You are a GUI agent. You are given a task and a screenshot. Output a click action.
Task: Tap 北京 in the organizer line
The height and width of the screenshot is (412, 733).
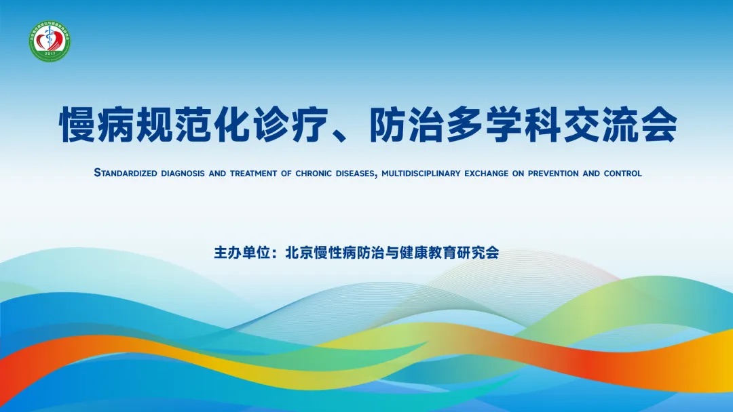(296, 253)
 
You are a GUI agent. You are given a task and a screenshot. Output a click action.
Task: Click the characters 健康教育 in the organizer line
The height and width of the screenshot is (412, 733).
(425, 253)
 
